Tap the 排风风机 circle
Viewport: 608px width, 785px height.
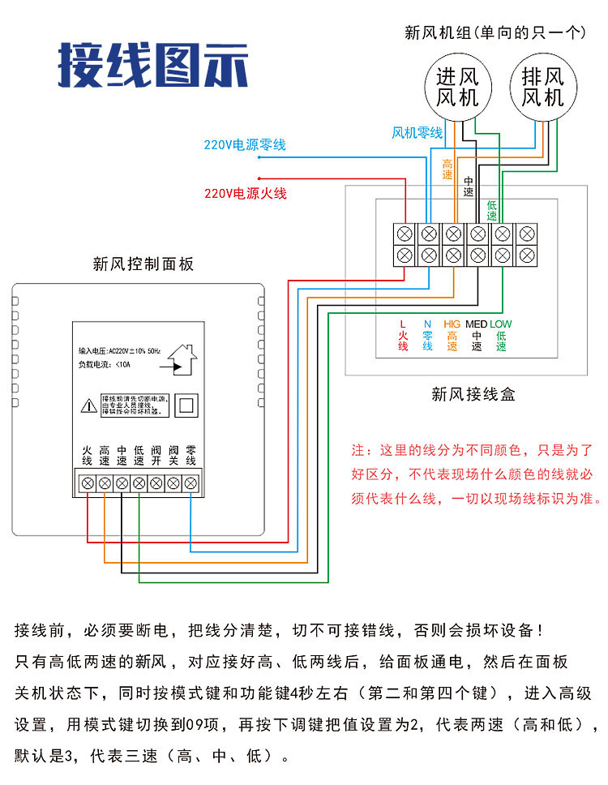pyautogui.click(x=542, y=88)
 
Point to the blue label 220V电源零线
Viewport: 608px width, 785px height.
pyautogui.click(x=245, y=145)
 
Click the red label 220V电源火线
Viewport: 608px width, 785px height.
pyautogui.click(x=245, y=194)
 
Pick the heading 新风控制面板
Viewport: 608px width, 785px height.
pyautogui.click(x=143, y=264)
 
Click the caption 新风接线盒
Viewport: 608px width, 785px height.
pyautogui.click(x=473, y=395)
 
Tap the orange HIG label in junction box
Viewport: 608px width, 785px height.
pyautogui.click(x=452, y=324)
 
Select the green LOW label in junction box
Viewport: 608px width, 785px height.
pyautogui.click(x=501, y=324)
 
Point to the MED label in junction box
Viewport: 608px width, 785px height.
pyautogui.click(x=476, y=324)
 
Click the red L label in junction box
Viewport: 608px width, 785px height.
pyautogui.click(x=403, y=324)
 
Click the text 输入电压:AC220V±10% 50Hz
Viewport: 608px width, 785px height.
pyautogui.click(x=119, y=350)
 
